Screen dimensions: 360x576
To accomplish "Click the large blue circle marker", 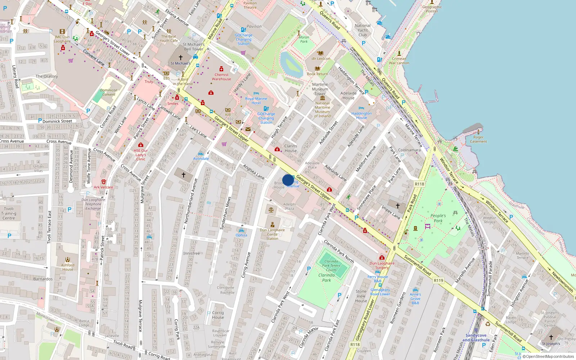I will [288, 180].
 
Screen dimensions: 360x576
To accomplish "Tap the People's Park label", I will [438, 218].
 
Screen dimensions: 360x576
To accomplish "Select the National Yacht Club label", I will [363, 30].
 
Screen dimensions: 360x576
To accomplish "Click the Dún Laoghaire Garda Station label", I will [272, 234].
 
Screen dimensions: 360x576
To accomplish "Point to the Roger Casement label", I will [478, 139].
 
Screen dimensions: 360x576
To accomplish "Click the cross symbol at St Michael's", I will [181, 57].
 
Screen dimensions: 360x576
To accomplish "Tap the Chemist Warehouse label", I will [221, 77].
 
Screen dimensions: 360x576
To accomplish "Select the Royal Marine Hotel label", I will [256, 101].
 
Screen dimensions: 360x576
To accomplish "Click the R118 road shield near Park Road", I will [419, 184].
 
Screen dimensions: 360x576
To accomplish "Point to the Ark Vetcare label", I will [103, 187].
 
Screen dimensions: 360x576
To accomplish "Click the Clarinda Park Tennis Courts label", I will [331, 266].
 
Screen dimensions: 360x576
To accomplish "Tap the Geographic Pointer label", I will [432, 9].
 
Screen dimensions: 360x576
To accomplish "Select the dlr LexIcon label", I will [321, 59].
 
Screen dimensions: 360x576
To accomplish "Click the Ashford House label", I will [68, 267].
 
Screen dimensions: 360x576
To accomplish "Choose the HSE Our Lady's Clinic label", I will [141, 155].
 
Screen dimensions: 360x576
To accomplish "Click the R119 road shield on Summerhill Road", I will [438, 280].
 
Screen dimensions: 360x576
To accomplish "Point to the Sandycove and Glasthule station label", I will [476, 337].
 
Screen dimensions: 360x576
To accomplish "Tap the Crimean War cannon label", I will [399, 61].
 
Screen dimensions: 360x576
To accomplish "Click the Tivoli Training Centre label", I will [9, 213].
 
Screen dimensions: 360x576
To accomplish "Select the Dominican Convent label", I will [109, 93].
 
